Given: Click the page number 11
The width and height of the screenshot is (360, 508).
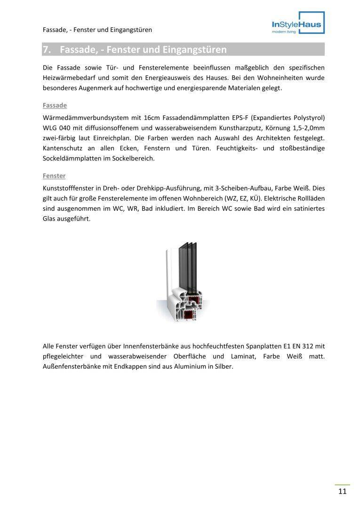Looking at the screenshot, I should coord(342,492).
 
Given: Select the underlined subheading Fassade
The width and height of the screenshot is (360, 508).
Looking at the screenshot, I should coord(55,105).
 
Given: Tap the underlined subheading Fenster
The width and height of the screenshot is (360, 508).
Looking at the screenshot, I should coord(54,176).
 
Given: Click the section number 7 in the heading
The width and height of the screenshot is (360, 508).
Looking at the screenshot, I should coord(46,49).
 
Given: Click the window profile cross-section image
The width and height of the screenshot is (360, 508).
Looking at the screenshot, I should coord(183,280).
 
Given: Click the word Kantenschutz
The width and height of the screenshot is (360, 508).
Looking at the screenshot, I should coord(63,148).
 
